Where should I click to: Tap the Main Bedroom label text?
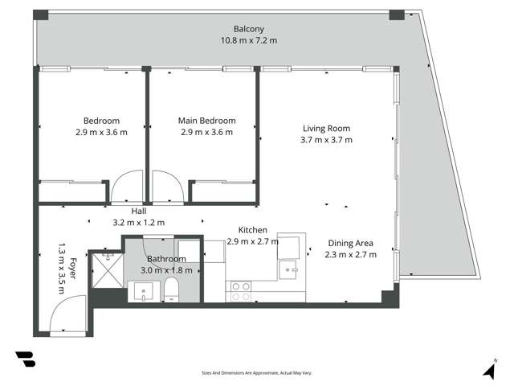pyautogui.click(x=206, y=121)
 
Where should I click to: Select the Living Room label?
pyautogui.click(x=326, y=128)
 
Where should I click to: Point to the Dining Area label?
pyautogui.click(x=350, y=243)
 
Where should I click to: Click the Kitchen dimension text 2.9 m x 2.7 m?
pyautogui.click(x=252, y=241)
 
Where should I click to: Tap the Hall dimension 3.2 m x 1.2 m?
pyautogui.click(x=139, y=223)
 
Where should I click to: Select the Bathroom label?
pyautogui.click(x=166, y=259)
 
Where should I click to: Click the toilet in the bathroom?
pyautogui.click(x=171, y=290)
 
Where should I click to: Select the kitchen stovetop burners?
pyautogui.click(x=239, y=290)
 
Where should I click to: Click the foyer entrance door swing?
pyautogui.click(x=68, y=315)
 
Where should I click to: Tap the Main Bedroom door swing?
pyautogui.click(x=167, y=187)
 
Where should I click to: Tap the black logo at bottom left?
pyautogui.click(x=25, y=359)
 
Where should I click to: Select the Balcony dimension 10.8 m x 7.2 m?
pyautogui.click(x=249, y=39)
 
